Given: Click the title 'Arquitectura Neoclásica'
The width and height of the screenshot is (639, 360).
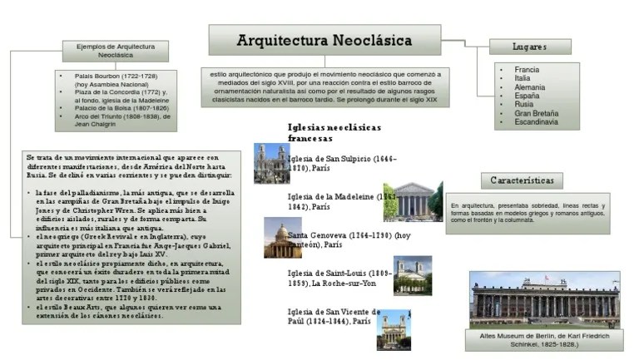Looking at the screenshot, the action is pyautogui.click(x=324, y=40).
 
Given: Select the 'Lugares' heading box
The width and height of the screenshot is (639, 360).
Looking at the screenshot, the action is pyautogui.click(x=529, y=47).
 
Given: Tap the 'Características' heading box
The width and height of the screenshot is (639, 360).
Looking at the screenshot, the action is pyautogui.click(x=522, y=180).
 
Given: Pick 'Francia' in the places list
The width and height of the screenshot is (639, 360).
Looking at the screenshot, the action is pyautogui.click(x=527, y=70).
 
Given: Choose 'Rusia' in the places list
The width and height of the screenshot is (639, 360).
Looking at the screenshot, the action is pyautogui.click(x=524, y=105).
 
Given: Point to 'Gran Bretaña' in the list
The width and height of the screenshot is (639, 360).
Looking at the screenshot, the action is pyautogui.click(x=536, y=113).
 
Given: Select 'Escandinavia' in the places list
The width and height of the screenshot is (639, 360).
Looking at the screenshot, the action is pyautogui.click(x=536, y=122).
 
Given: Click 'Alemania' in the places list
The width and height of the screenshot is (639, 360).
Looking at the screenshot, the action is pyautogui.click(x=530, y=87).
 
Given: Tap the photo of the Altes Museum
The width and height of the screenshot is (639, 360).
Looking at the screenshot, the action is pyautogui.click(x=544, y=298).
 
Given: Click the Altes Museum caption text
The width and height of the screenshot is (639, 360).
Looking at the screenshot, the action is pyautogui.click(x=545, y=339).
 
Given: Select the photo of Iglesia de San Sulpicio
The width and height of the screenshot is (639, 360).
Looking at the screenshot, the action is pyautogui.click(x=270, y=164).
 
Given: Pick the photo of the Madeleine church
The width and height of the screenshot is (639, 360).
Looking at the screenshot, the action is pyautogui.click(x=402, y=201).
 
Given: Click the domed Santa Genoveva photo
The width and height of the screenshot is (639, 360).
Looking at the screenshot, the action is pyautogui.click(x=282, y=239).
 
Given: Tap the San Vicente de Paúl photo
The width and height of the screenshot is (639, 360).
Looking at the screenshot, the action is pyautogui.click(x=393, y=329).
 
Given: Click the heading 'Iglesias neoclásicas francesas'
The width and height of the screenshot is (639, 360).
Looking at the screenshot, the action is pyautogui.click(x=334, y=133).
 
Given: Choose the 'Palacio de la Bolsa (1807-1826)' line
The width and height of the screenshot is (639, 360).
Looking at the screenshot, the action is pyautogui.click(x=121, y=109).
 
